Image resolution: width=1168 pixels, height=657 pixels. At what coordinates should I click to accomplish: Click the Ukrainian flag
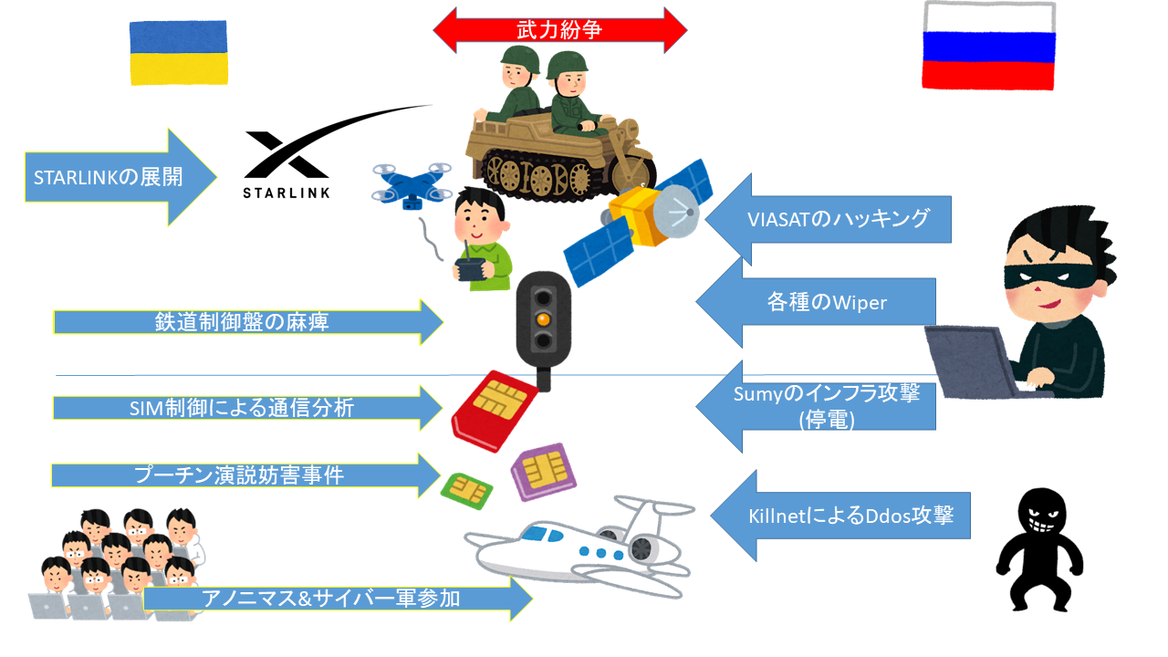pos(179,53)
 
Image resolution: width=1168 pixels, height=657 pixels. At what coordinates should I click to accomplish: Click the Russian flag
pos(988,47)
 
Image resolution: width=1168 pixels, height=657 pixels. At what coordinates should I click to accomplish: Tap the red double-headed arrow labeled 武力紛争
pos(559,30)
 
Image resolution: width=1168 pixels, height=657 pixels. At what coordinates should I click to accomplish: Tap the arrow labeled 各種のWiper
pos(816,302)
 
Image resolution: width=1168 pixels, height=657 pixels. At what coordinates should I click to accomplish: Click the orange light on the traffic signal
pos(542,318)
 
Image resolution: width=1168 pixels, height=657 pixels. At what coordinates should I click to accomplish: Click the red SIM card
pos(493,411)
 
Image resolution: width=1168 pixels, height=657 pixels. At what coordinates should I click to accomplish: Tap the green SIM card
pos(467,491)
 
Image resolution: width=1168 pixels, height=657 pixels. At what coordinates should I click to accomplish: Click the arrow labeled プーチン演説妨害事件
pos(246,475)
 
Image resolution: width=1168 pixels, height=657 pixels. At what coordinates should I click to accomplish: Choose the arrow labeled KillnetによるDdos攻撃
pos(839,516)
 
